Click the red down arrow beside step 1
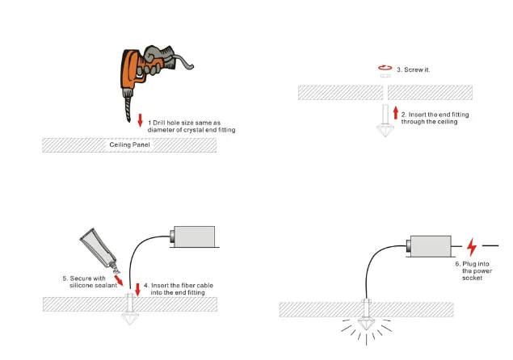(141, 121)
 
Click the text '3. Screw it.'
(412, 70)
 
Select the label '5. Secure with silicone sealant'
(90, 282)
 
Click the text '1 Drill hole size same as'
(185, 122)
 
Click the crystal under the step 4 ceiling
(130, 316)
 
